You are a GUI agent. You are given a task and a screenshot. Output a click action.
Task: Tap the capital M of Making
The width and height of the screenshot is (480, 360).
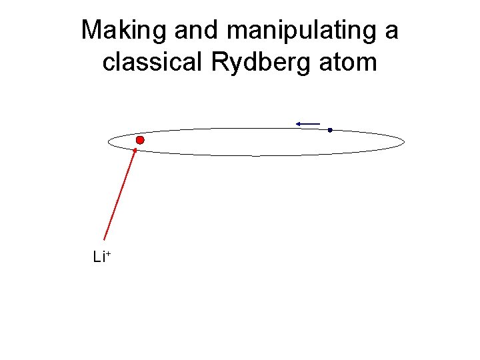click(x=91, y=31)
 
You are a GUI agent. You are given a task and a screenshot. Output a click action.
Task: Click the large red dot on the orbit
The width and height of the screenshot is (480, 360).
click(x=140, y=141)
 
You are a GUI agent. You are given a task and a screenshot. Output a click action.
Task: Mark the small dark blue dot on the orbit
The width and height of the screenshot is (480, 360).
click(x=329, y=130)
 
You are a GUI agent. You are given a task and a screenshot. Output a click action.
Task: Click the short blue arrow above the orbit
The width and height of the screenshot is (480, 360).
click(x=309, y=123)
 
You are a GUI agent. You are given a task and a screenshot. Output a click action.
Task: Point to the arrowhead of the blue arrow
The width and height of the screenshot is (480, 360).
click(x=299, y=123)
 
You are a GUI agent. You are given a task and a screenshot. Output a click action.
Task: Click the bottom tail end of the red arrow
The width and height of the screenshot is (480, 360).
click(x=104, y=239)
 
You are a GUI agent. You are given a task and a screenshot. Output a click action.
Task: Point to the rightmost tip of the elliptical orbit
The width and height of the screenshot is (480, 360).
click(x=405, y=142)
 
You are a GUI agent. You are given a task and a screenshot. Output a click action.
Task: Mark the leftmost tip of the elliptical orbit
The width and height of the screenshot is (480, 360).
click(x=108, y=142)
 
